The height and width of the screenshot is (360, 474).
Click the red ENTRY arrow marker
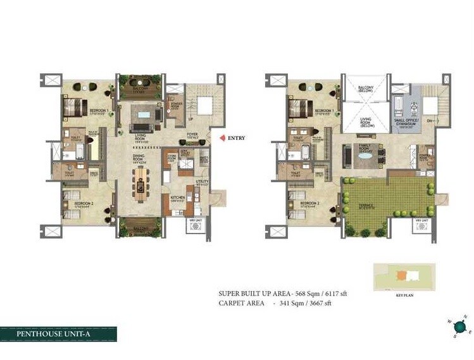pyautogui.click(x=221, y=138)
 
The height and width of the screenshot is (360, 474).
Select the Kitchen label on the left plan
pyautogui.click(x=178, y=198)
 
